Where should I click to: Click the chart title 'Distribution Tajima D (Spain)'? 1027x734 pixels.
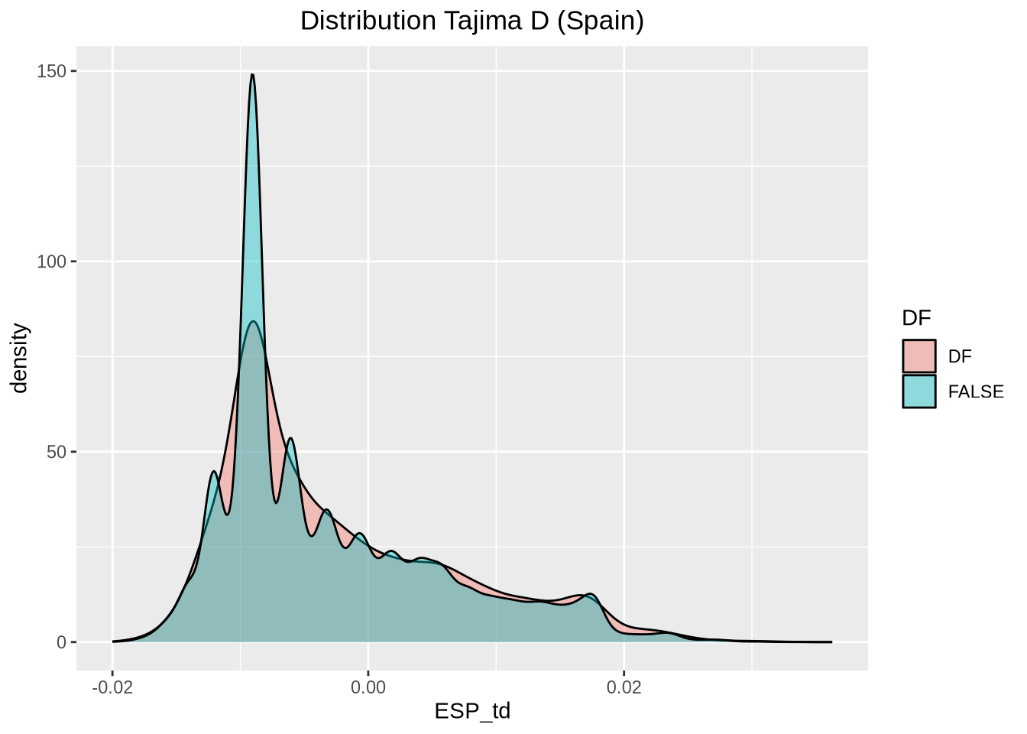[472, 21]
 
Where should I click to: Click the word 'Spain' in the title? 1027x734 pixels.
[600, 21]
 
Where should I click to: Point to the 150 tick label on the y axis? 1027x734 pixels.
[52, 71]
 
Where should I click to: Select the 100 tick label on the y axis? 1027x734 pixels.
[52, 261]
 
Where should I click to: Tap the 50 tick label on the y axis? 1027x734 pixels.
[56, 452]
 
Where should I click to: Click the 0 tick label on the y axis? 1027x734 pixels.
[61, 642]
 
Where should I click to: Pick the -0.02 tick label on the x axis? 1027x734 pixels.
[112, 687]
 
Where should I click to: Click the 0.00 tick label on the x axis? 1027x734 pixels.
[368, 687]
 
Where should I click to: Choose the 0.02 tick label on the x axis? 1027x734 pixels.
[624, 687]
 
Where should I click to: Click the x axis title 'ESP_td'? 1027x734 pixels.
[472, 712]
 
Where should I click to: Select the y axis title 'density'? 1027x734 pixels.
[20, 358]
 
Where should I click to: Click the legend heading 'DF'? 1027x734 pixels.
[916, 318]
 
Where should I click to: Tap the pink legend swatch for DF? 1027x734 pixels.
[918, 356]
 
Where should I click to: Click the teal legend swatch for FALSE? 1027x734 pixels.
[918, 391]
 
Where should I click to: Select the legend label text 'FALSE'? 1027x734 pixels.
[976, 391]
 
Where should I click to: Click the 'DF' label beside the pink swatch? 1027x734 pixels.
[960, 356]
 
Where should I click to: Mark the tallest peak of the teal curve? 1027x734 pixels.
[252, 75]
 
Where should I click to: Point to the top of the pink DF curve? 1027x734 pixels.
[254, 322]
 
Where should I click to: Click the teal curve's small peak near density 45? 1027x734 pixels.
[214, 472]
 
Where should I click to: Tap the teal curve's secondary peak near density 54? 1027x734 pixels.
[290, 438]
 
